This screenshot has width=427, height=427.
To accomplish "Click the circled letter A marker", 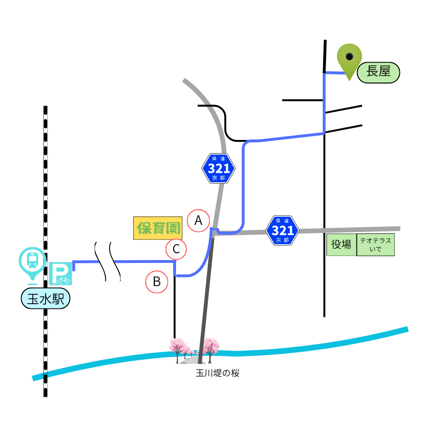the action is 198,221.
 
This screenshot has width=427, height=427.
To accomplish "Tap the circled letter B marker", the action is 157,281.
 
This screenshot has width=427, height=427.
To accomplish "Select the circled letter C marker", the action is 176,249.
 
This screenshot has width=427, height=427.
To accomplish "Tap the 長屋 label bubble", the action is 378,73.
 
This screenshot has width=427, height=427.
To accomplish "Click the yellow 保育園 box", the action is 158,228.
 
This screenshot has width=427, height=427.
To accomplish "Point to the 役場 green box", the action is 342,244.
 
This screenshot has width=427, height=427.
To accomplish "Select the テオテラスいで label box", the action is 376,244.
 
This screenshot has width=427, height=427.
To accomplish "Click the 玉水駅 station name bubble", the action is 46,298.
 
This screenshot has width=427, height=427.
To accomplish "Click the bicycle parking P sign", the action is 60,273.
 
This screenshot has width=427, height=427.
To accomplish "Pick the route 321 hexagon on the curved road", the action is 218,168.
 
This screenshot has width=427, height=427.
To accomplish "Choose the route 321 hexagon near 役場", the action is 282,231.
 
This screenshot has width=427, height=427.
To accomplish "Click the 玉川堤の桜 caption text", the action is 218,373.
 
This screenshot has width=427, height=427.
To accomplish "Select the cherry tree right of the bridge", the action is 210,349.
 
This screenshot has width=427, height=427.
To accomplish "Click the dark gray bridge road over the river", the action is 206,299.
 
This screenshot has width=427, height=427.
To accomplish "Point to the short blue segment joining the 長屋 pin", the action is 334,73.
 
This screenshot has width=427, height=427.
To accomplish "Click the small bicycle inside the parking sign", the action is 64,279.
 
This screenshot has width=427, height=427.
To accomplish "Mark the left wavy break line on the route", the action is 100,261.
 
